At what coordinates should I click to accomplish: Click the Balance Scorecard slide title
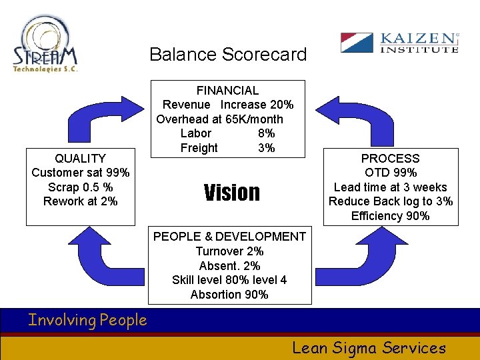pyautogui.click(x=228, y=54)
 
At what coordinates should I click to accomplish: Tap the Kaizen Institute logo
pyautogui.click(x=399, y=43)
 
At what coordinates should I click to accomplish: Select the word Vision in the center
pyautogui.click(x=231, y=193)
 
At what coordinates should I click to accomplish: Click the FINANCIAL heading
pyautogui.click(x=227, y=91)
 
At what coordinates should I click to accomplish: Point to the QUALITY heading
pyautogui.click(x=80, y=159)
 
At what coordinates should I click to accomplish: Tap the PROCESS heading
pyautogui.click(x=390, y=159)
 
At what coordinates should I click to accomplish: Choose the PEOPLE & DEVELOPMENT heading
pyautogui.click(x=229, y=237)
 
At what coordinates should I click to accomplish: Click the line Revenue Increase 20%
pyautogui.click(x=228, y=105)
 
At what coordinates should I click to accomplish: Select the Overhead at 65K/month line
pyautogui.click(x=219, y=119)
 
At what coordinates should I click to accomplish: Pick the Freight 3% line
pyautogui.click(x=227, y=148)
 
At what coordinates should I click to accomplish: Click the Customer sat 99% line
pyautogui.click(x=81, y=173)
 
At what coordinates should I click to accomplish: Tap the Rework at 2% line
pyautogui.click(x=81, y=201)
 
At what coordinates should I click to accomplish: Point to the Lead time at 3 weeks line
pyautogui.click(x=390, y=187)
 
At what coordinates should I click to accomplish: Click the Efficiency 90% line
pyautogui.click(x=390, y=216)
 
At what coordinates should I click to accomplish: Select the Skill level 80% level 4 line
pyautogui.click(x=229, y=280)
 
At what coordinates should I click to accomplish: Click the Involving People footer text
pyautogui.click(x=87, y=321)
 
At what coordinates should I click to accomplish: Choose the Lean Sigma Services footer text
pyautogui.click(x=369, y=347)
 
